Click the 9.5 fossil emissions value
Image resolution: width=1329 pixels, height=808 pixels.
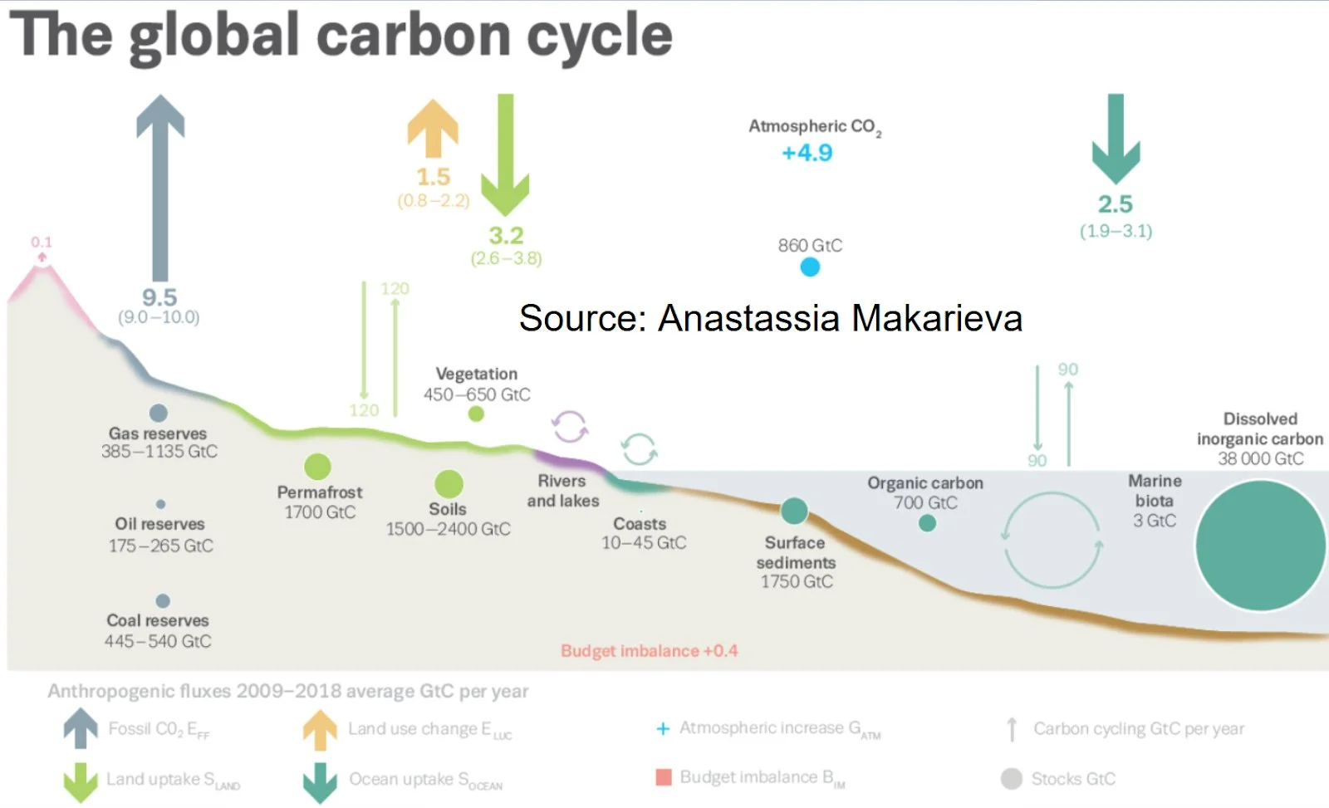pyautogui.click(x=159, y=297)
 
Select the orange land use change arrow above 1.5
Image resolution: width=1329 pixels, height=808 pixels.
pyautogui.click(x=433, y=129)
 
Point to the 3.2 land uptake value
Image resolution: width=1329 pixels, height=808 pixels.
pyautogui.click(x=506, y=235)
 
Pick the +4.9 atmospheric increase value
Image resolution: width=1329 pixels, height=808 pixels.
pyautogui.click(x=807, y=153)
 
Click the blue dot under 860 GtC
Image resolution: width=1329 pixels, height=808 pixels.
pyautogui.click(x=810, y=267)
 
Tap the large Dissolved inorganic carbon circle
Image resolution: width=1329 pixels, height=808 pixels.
pyautogui.click(x=1260, y=546)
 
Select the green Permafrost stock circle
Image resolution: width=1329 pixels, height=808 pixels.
pyautogui.click(x=317, y=467)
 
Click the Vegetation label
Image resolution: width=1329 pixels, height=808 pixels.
pyautogui.click(x=476, y=374)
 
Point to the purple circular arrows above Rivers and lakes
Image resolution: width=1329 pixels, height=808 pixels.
pyautogui.click(x=571, y=427)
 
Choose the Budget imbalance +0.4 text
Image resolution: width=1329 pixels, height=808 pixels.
pyautogui.click(x=649, y=651)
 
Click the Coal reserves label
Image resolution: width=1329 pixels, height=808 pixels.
pyautogui.click(x=158, y=620)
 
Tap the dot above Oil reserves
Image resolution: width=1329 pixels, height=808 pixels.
pyautogui.click(x=160, y=504)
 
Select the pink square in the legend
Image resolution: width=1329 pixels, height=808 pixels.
pyautogui.click(x=664, y=777)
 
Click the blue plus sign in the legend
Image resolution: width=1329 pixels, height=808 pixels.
pyautogui.click(x=663, y=728)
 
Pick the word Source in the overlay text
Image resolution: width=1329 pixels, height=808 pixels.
pyautogui.click(x=581, y=318)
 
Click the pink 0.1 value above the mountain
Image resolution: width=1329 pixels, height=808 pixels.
pyautogui.click(x=42, y=242)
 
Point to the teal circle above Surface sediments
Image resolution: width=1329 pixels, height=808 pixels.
pyautogui.click(x=794, y=511)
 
